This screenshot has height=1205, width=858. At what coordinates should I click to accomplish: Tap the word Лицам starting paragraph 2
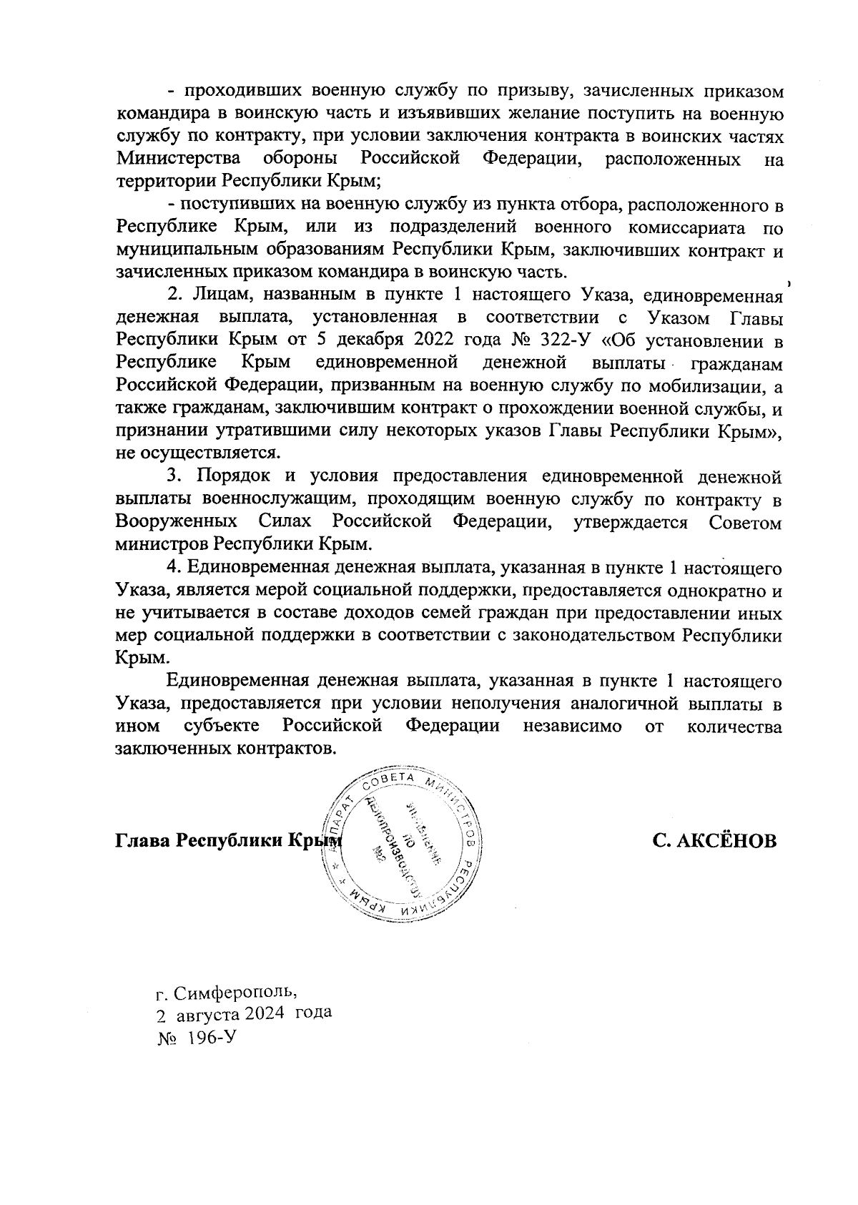pyautogui.click(x=212, y=294)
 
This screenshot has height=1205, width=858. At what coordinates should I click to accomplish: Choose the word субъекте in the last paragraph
pyautogui.click(x=221, y=726)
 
